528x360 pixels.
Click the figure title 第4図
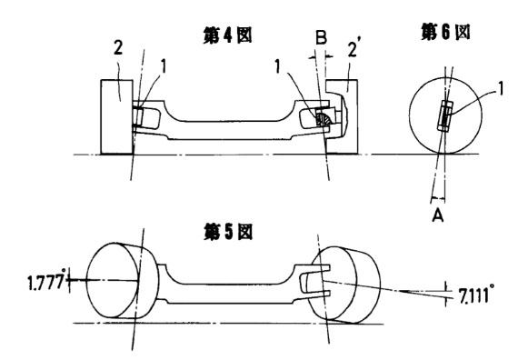point(227,35)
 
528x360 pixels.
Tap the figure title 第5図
point(227,232)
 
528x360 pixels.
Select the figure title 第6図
point(445,33)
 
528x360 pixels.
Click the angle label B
point(321,37)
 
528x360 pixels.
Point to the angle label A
point(438,215)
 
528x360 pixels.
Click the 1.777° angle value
point(45,282)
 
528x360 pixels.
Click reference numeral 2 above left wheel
point(118,48)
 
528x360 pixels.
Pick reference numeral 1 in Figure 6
point(501,89)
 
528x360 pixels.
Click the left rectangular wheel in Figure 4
point(116,117)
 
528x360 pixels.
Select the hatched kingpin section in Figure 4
point(324,119)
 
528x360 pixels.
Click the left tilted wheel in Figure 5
point(122,280)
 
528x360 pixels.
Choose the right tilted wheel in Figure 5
point(344,285)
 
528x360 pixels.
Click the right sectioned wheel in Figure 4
point(342,117)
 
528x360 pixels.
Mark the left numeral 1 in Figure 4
point(164,66)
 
